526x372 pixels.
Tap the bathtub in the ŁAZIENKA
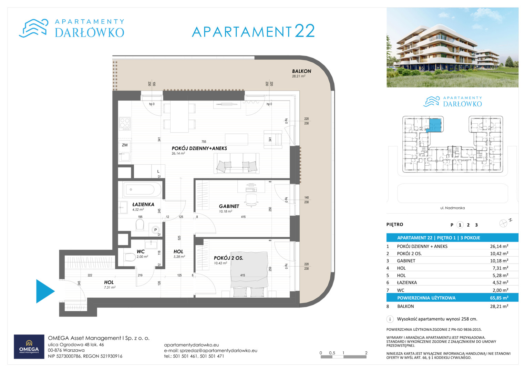(142, 189)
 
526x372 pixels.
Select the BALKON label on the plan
(301, 71)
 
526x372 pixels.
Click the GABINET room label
(229, 206)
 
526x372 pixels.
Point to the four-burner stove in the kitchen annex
(125, 124)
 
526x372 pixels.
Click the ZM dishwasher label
(125, 145)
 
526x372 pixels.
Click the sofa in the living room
(237, 163)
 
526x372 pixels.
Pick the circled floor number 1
(460, 225)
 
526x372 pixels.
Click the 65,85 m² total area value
(499, 298)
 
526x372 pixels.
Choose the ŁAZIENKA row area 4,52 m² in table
(499, 282)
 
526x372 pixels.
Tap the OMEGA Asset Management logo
(29, 347)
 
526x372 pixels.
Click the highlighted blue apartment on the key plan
(434, 125)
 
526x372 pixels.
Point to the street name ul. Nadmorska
(453, 208)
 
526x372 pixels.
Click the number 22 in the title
(305, 31)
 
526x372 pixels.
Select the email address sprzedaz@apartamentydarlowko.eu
(218, 350)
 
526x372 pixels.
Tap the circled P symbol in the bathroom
(155, 230)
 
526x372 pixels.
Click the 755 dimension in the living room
(204, 142)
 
